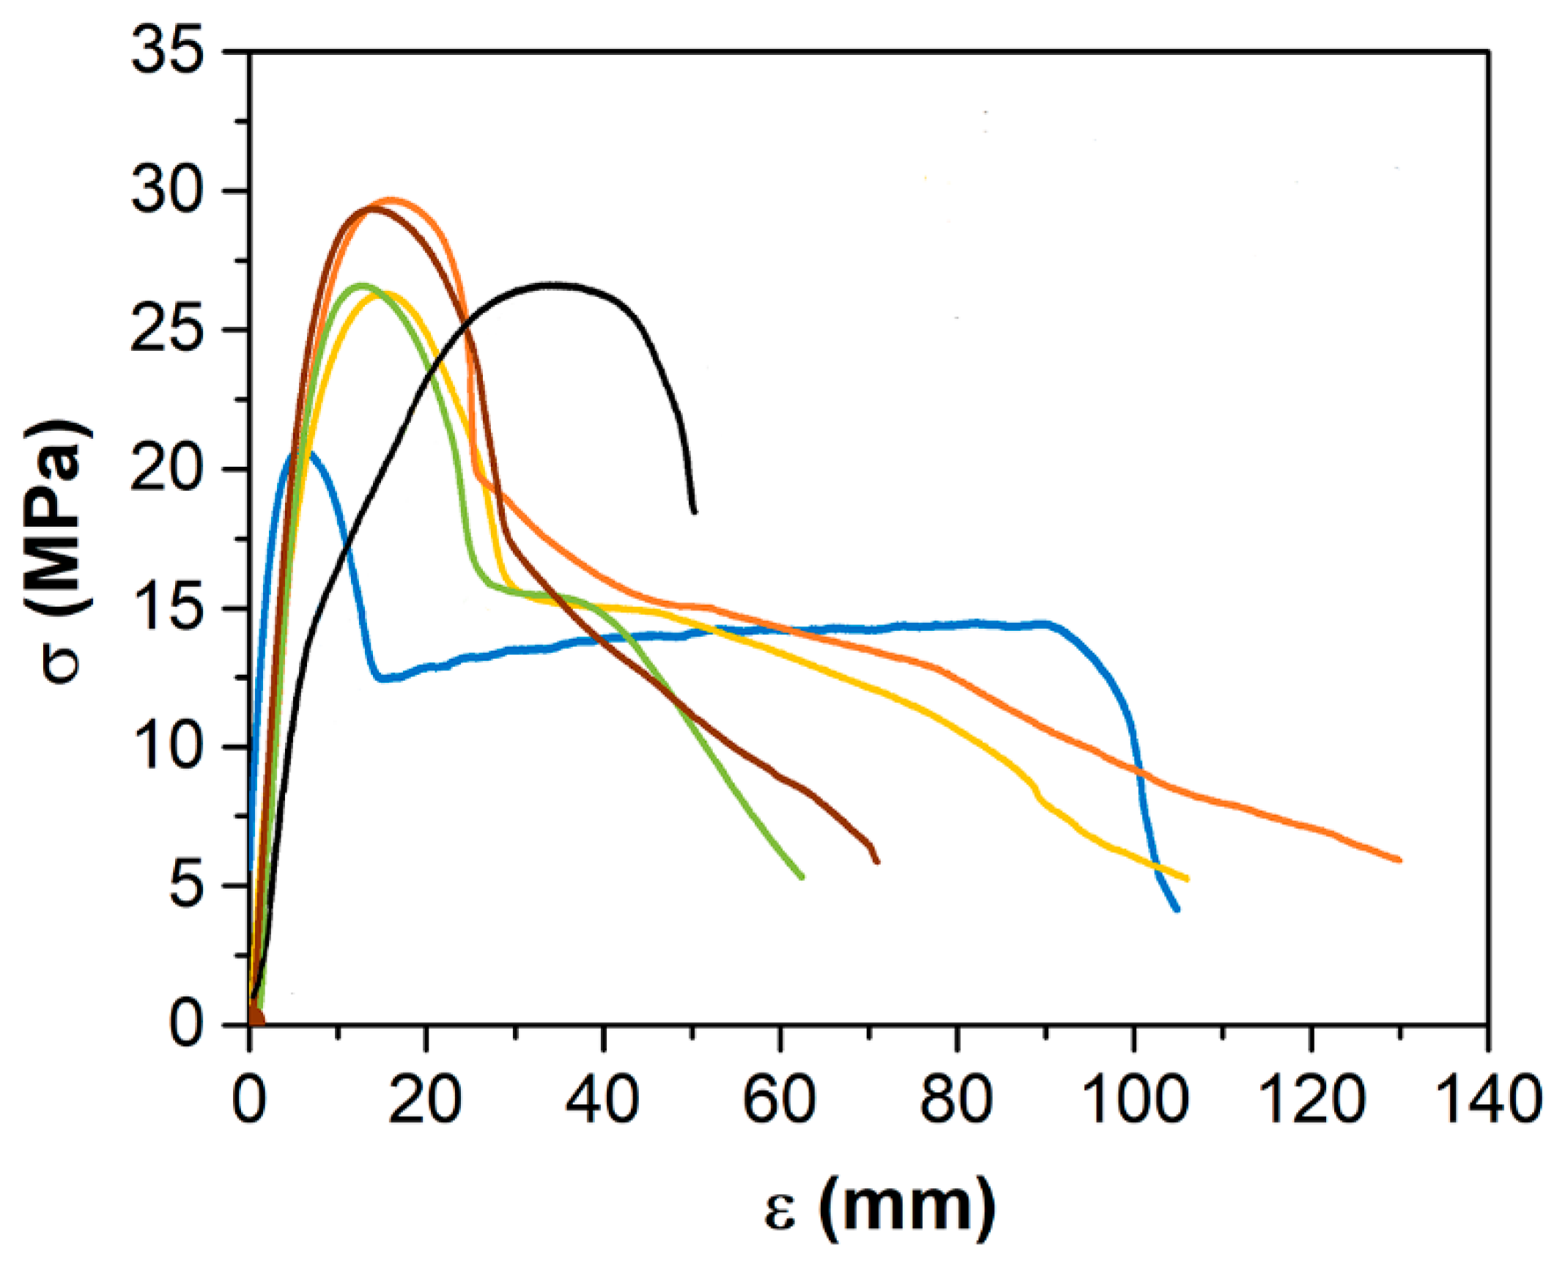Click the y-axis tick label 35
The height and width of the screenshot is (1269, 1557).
click(x=166, y=53)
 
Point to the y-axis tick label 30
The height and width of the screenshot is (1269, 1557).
click(x=166, y=191)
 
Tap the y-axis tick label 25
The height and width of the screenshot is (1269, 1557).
click(x=166, y=330)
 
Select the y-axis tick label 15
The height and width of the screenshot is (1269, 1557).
click(x=166, y=608)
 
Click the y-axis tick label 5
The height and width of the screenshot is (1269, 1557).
click(x=184, y=886)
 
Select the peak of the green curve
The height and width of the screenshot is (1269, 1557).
click(x=360, y=285)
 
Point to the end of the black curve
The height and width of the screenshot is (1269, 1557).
click(x=695, y=512)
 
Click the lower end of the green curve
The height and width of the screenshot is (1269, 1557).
click(x=802, y=877)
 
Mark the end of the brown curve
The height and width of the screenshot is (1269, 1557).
click(x=877, y=862)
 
